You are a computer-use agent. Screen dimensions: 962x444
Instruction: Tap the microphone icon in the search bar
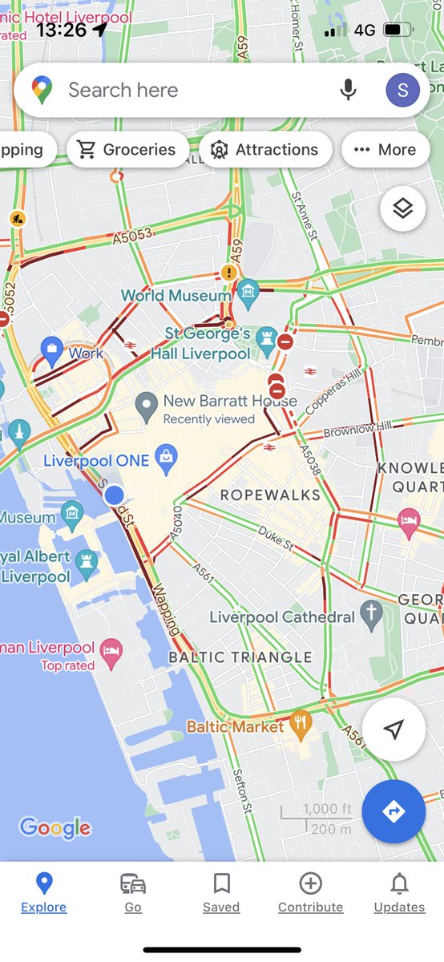coord(348,90)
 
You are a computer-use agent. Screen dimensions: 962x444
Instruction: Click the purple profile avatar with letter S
coord(402,90)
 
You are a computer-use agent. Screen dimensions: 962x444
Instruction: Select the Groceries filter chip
coord(127,150)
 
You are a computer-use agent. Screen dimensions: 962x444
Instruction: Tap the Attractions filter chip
coord(265,150)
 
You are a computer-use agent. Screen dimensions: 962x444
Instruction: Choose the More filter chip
coord(385,150)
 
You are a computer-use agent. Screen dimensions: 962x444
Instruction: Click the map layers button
coord(402,209)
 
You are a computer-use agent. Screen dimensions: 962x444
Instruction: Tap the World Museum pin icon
coord(248,293)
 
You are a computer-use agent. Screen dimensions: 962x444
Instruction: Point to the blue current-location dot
coord(115,495)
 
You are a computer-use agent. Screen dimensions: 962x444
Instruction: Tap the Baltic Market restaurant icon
coord(301,724)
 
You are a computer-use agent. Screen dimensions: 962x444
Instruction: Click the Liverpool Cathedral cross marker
coord(369,615)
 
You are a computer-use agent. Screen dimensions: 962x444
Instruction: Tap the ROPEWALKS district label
coord(270,495)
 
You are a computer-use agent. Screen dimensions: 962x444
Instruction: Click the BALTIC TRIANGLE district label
coord(240,657)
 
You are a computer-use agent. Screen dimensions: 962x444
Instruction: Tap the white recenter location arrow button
coord(394,729)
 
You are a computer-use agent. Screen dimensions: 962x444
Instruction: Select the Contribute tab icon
coord(310,883)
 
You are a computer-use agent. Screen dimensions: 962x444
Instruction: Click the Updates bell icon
coord(399,883)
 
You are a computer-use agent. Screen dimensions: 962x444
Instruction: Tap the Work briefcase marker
coord(52,349)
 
